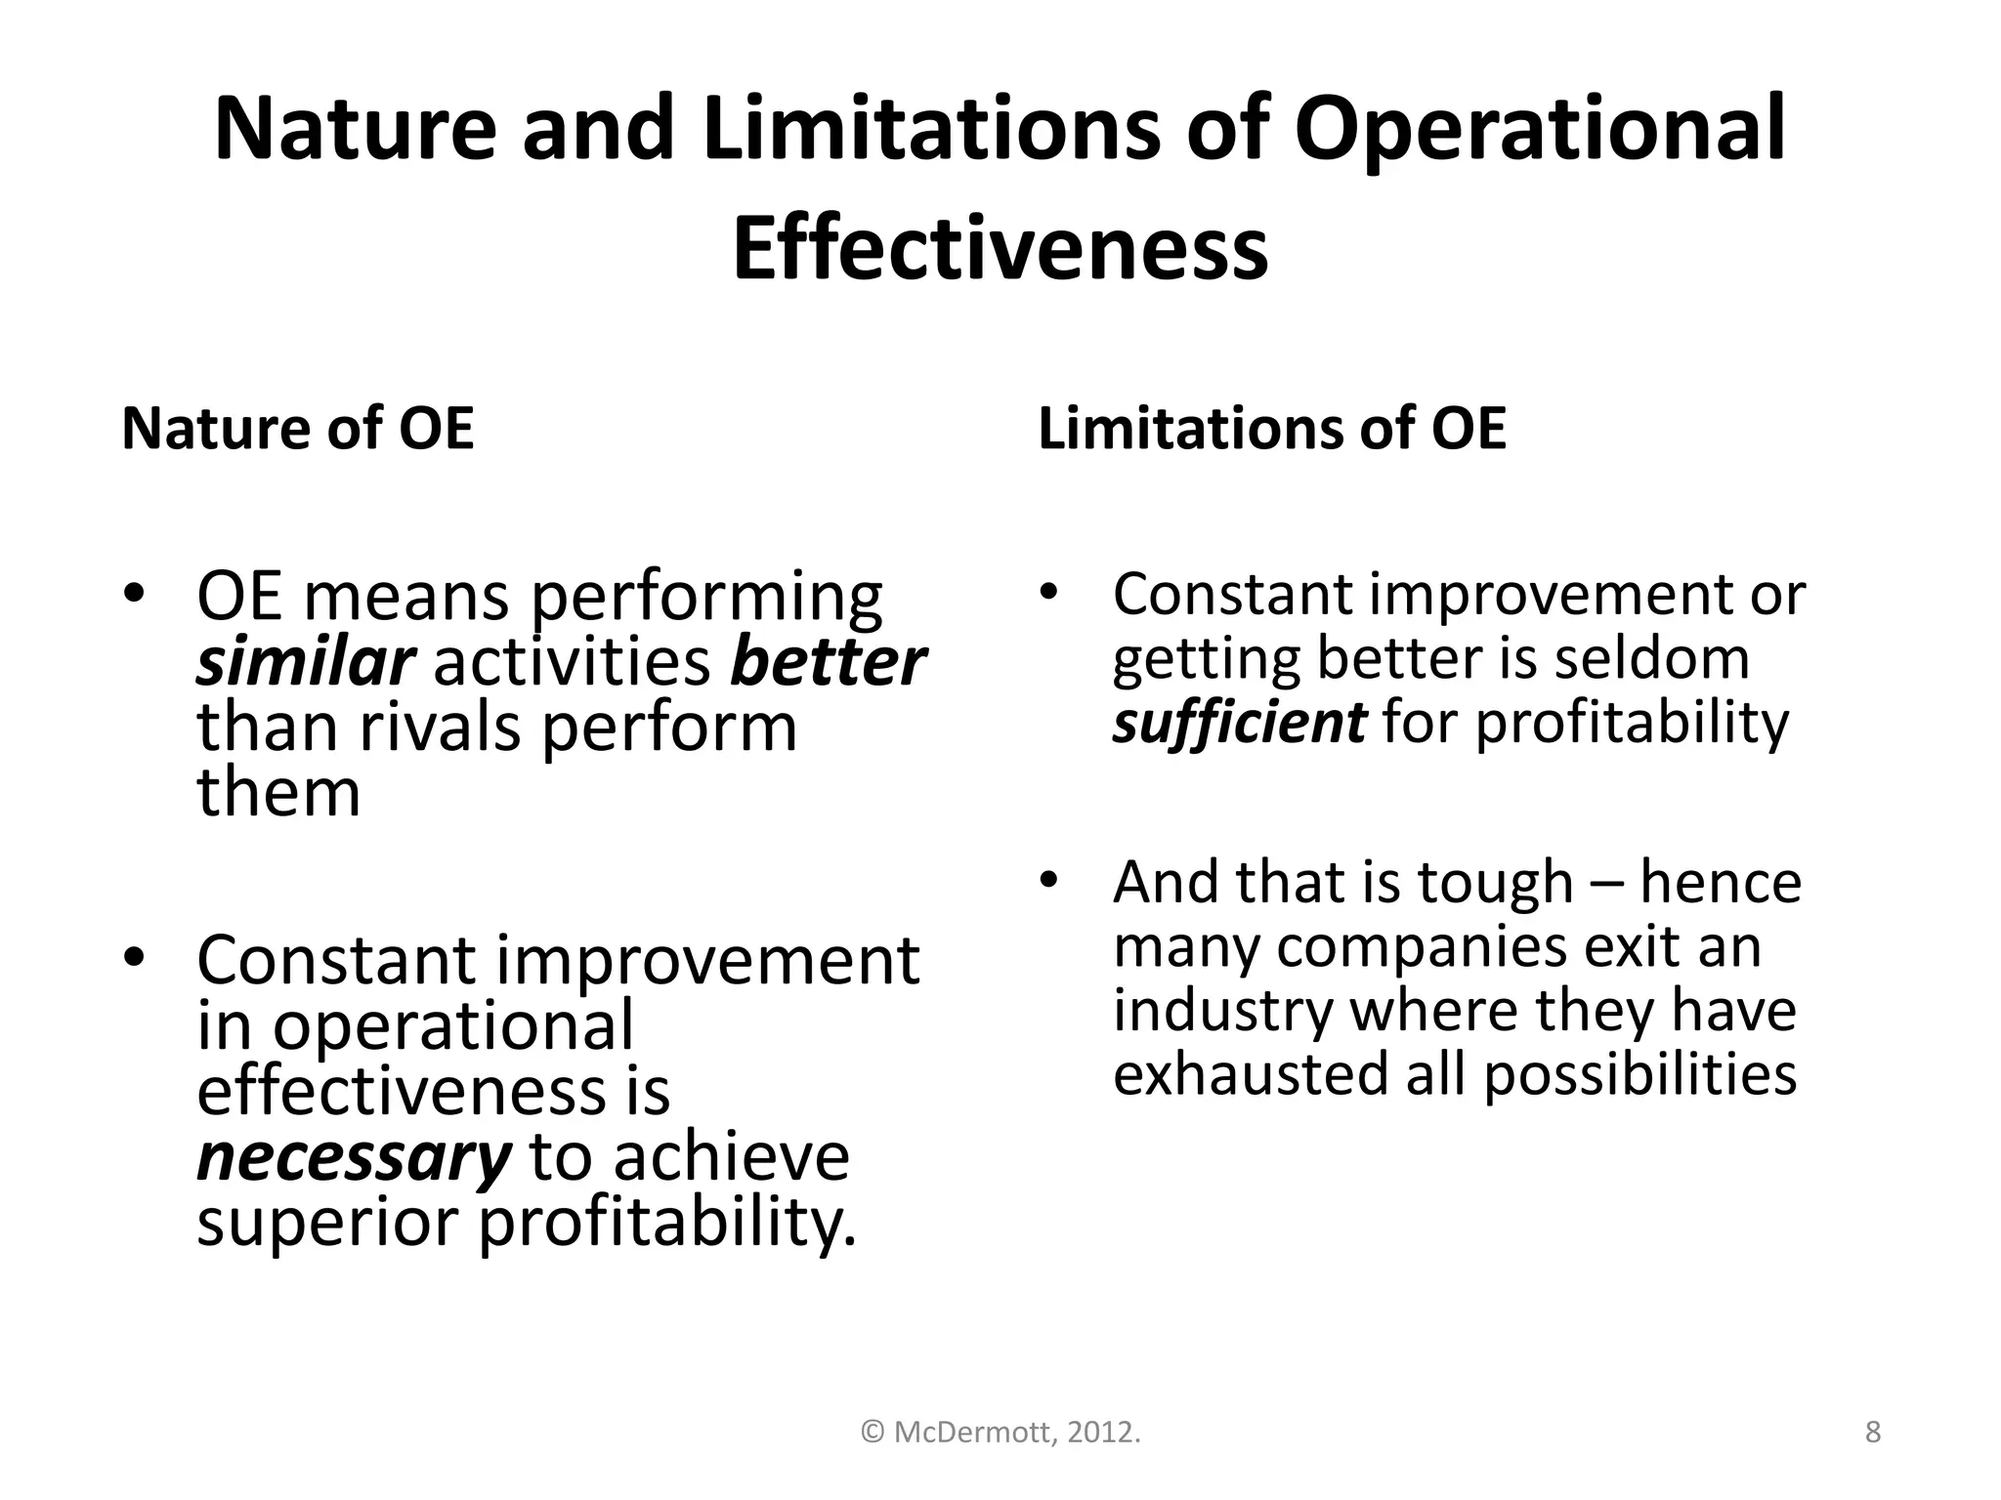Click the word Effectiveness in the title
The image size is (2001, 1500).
tap(1000, 248)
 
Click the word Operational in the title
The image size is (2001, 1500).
tap(1540, 129)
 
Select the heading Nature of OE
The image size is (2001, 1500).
tap(297, 429)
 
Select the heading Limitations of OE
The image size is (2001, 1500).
tap(1271, 429)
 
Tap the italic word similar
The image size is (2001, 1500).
tap(306, 663)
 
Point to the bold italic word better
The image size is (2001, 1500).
tap(827, 663)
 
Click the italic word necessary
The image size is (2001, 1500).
tap(354, 1157)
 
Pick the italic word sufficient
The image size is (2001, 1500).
tap(1239, 723)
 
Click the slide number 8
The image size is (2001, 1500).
tap(1872, 1433)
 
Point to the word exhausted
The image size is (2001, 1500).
tap(1251, 1074)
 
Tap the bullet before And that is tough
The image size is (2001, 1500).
tap(1049, 880)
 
